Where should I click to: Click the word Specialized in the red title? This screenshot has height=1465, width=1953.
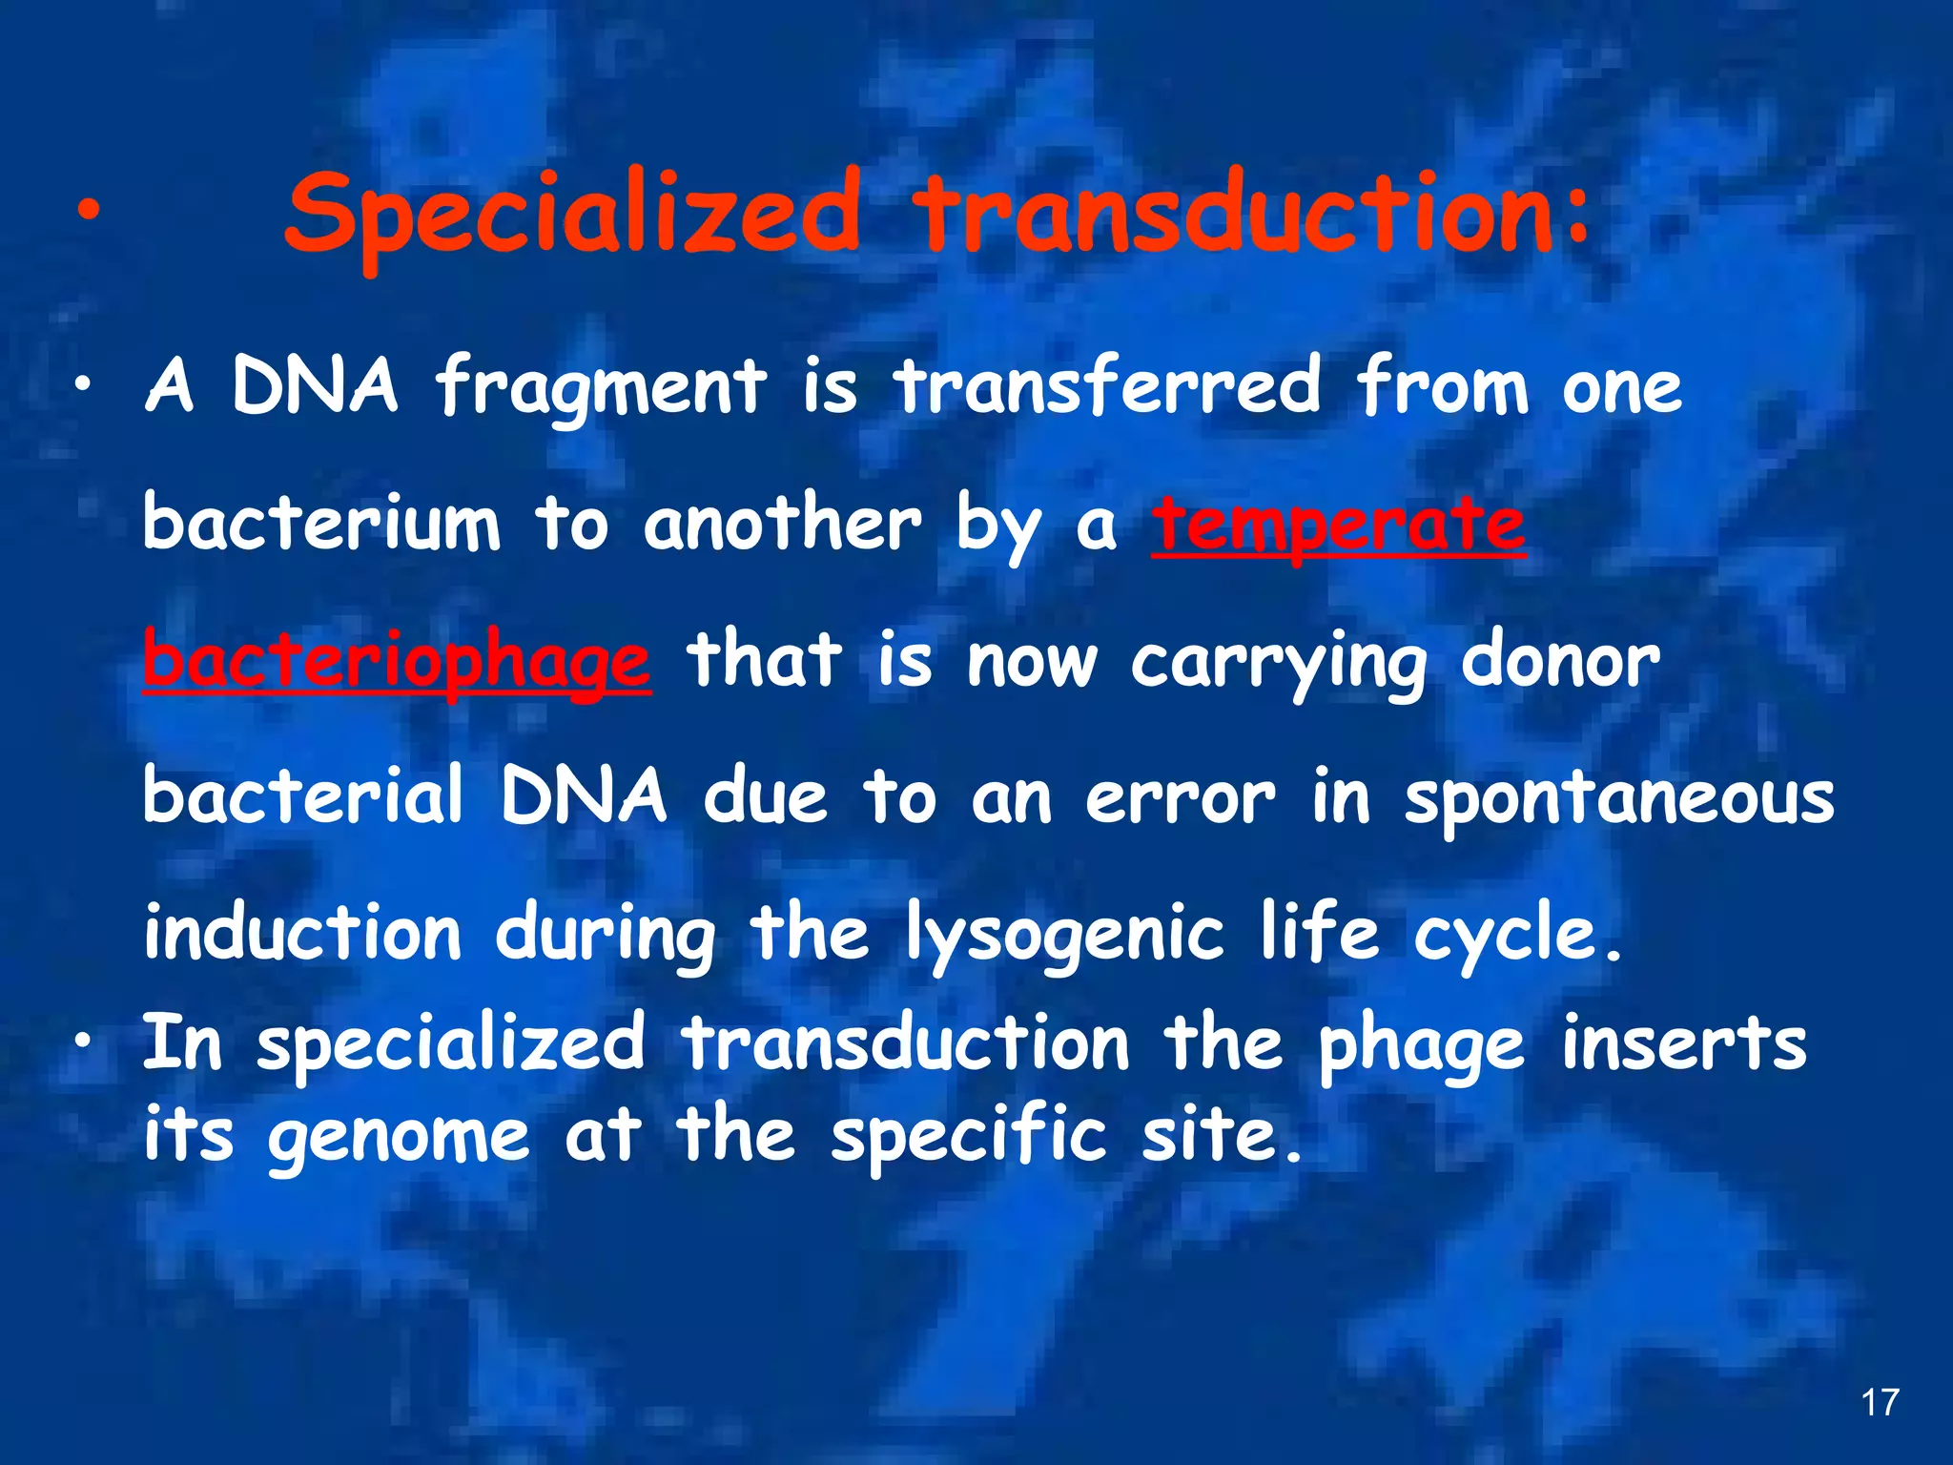(x=572, y=215)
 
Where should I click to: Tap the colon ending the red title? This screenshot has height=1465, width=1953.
(x=1578, y=215)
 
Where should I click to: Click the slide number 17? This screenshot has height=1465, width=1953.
(x=1880, y=1402)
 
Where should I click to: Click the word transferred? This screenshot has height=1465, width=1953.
(x=1106, y=386)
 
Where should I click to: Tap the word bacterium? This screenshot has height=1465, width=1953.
(x=321, y=525)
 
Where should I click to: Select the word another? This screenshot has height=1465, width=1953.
(x=782, y=525)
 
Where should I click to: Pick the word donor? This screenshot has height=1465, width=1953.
(x=1560, y=661)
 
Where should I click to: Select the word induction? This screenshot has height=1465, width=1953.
(x=302, y=933)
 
